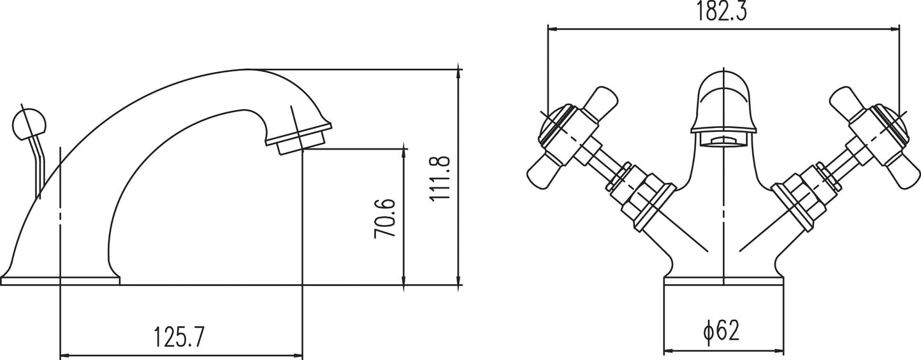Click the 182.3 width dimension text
point(721,12)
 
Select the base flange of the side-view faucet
point(60,281)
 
